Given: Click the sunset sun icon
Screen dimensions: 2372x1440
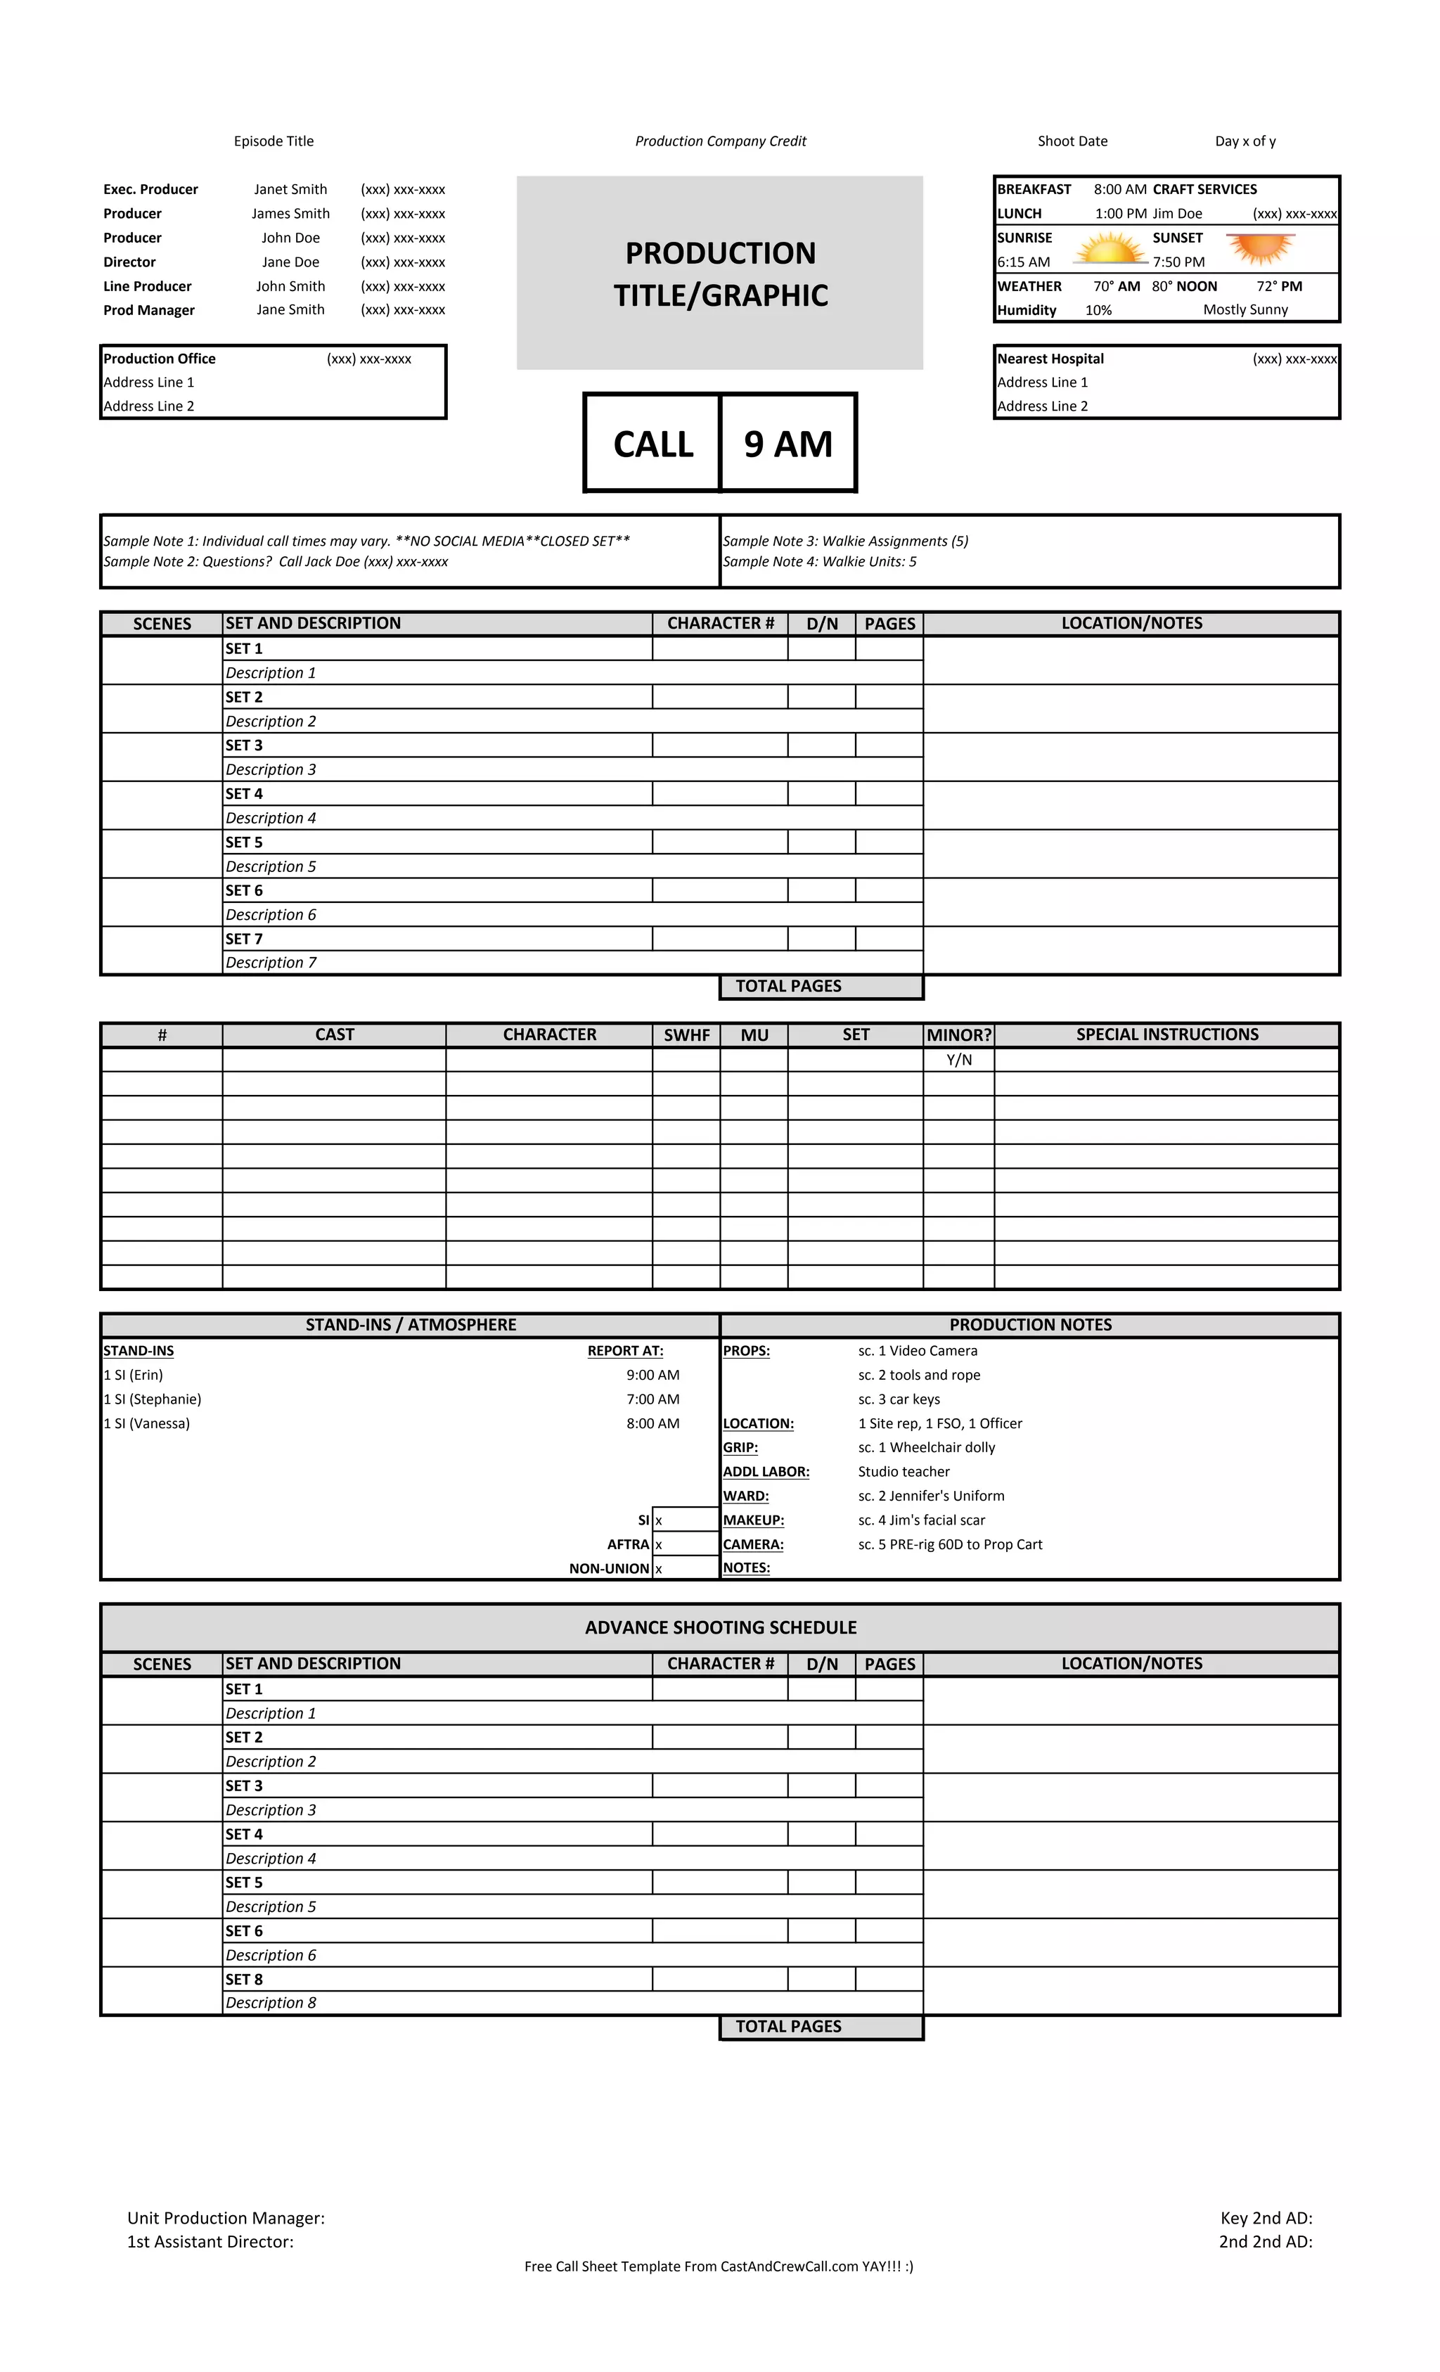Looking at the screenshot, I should [x=1260, y=248].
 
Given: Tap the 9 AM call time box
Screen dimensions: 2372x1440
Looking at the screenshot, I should [x=787, y=444].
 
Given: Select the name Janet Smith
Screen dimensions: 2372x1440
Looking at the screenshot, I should [x=290, y=190].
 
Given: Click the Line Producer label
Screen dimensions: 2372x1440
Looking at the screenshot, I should [x=147, y=286].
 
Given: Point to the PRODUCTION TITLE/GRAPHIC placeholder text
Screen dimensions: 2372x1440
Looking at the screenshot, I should [x=720, y=274].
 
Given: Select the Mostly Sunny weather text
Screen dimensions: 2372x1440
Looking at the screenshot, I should [x=1245, y=310].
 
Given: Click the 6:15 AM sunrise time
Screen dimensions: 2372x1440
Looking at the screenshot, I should [x=1023, y=262].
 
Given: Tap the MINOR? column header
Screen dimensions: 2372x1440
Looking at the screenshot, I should [x=959, y=1035].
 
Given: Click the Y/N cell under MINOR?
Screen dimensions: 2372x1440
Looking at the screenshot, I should [x=959, y=1060].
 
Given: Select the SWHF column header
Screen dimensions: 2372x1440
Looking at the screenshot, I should [x=686, y=1035].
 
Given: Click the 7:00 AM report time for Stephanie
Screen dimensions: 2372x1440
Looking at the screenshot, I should [x=652, y=1399].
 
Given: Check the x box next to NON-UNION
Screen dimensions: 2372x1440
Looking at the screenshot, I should [x=660, y=1569].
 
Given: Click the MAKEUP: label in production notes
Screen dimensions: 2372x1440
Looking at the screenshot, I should [x=754, y=1520].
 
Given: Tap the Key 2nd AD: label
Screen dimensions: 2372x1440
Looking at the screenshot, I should [x=1266, y=2218].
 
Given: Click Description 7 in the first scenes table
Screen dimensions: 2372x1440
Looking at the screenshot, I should [x=271, y=963].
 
